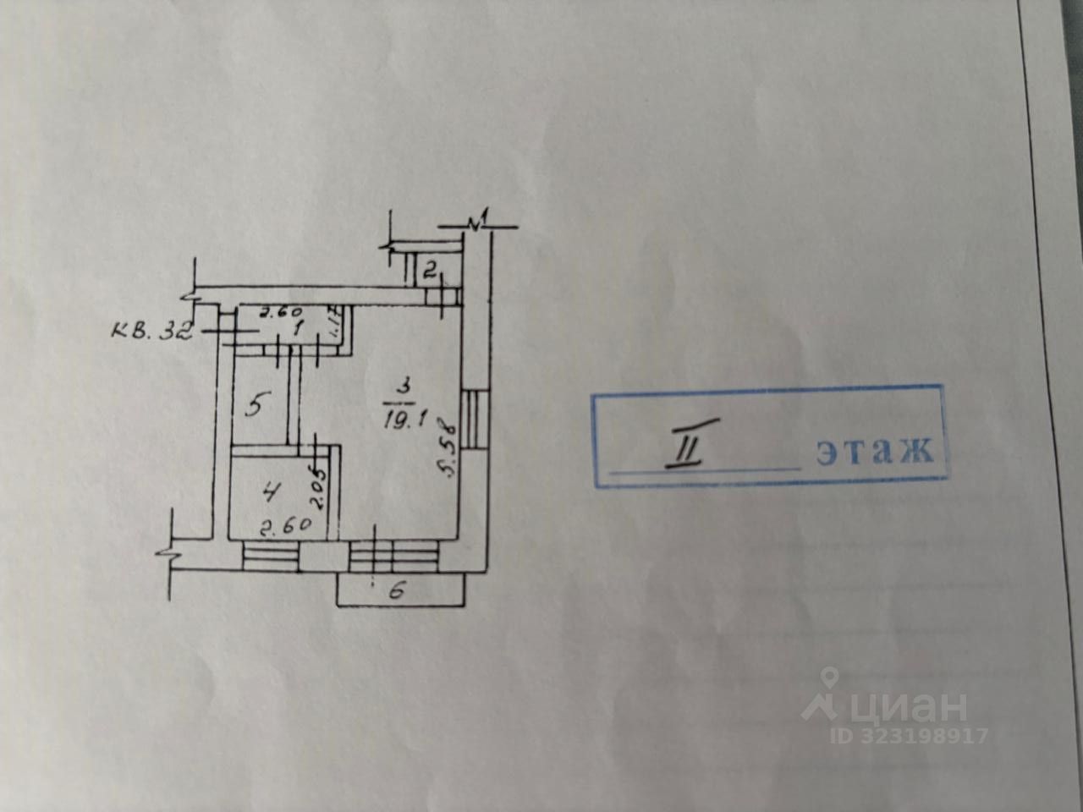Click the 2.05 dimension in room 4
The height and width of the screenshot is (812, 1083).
click(x=319, y=487)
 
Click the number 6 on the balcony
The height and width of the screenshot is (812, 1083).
click(x=395, y=592)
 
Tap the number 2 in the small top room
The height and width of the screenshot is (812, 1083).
click(x=430, y=271)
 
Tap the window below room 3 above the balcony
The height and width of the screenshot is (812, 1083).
click(x=394, y=555)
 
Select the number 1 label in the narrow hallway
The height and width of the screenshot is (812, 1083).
click(x=297, y=330)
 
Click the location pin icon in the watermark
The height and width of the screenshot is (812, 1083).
click(x=829, y=679)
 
